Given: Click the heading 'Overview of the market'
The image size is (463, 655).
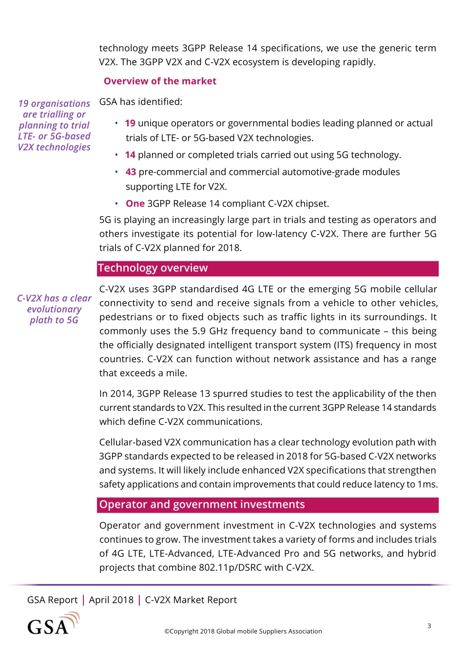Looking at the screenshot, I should click(160, 81).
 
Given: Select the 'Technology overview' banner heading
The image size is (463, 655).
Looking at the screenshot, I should click(153, 268).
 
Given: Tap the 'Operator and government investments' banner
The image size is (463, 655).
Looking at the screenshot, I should click(202, 504).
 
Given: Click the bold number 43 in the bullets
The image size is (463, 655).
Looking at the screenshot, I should click(131, 172).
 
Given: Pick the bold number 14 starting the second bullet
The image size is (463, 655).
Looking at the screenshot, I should click(130, 155).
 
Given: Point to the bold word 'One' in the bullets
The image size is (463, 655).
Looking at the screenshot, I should click(135, 204).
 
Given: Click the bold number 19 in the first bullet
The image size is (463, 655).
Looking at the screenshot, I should click(130, 123).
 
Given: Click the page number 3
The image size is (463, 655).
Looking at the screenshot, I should click(429, 626).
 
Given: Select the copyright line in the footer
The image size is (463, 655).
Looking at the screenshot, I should click(243, 631).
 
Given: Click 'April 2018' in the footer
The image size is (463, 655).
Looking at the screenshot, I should click(111, 600).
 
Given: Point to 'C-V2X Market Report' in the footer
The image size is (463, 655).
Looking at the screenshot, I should click(191, 600).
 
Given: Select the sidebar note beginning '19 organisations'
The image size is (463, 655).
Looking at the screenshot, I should click(54, 125).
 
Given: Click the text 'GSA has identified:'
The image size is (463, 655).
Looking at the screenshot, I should click(141, 102).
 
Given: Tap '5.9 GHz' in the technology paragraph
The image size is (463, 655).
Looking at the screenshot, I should click(211, 331).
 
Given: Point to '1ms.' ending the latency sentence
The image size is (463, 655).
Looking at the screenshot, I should click(427, 484).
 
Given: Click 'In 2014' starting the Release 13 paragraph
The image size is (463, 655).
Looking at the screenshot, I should click(116, 394).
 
